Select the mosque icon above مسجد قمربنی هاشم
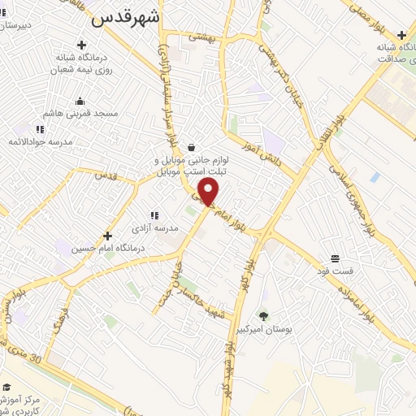click(x=80, y=102)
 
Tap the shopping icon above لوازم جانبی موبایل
click(x=191, y=147)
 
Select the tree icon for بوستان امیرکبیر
click(x=262, y=315)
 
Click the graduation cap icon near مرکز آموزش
click(x=6, y=387)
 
